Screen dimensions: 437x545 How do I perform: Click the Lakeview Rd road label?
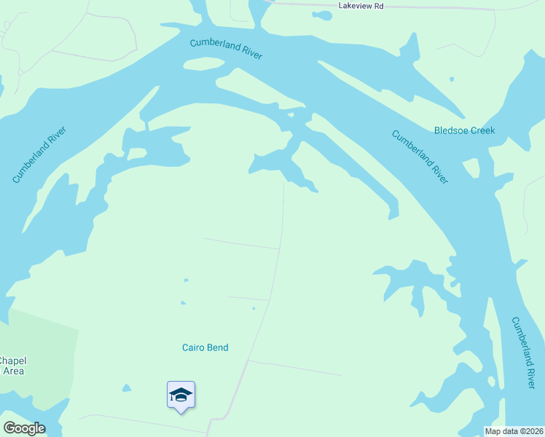361,6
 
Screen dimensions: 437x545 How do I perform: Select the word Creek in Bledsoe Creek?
482,131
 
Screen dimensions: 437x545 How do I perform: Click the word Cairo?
194,347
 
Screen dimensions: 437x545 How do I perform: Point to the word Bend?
218,347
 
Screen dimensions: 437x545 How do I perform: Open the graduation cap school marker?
181,395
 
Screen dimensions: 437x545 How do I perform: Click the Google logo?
24,428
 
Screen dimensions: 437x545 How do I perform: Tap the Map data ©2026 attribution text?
514,431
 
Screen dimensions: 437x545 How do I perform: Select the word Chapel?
11,361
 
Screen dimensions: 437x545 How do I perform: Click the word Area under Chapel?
13,371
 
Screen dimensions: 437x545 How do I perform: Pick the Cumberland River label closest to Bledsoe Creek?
420,156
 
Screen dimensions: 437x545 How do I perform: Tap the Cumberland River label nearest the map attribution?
523,353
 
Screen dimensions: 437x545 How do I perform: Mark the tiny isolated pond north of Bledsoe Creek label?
452,79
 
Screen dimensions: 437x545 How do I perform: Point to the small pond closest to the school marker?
127,387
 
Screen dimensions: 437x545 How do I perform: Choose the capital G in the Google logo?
9,428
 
